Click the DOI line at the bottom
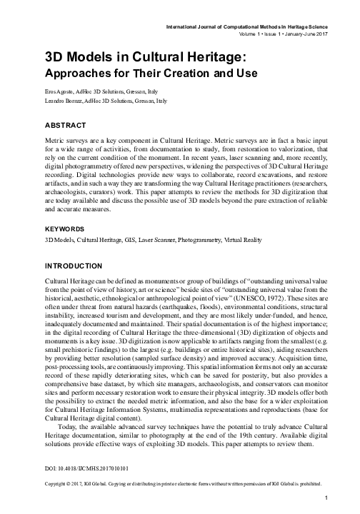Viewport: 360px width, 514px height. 83,467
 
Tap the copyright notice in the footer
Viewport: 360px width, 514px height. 179,483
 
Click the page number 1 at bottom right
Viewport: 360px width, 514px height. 325,498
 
